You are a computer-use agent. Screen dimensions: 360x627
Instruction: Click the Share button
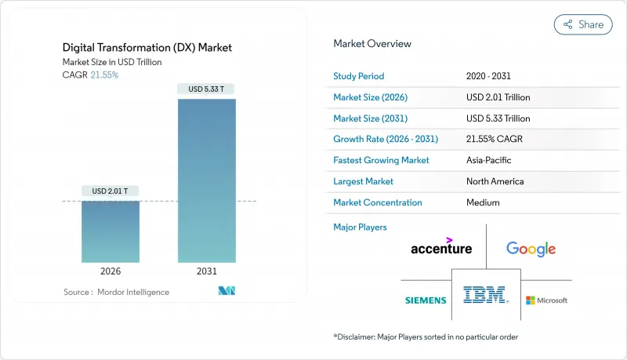pyautogui.click(x=583, y=24)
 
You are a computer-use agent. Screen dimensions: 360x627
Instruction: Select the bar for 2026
pyautogui.click(x=110, y=231)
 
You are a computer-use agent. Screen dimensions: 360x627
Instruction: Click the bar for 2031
pyautogui.click(x=207, y=180)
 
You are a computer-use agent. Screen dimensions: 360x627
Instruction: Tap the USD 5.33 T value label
pyautogui.click(x=207, y=88)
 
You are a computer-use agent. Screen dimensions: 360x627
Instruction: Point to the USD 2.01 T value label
pyautogui.click(x=110, y=191)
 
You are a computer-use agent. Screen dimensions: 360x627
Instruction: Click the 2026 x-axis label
pyautogui.click(x=110, y=271)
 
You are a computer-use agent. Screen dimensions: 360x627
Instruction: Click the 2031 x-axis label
pyautogui.click(x=207, y=271)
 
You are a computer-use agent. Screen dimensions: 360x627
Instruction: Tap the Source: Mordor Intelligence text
pyautogui.click(x=116, y=292)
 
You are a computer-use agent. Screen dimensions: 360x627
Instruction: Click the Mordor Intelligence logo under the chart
pyautogui.click(x=227, y=292)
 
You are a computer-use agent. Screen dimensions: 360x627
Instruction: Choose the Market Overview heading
pyautogui.click(x=372, y=44)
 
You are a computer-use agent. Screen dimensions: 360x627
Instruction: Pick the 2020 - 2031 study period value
pyautogui.click(x=490, y=76)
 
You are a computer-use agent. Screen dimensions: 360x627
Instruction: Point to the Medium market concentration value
pyautogui.click(x=483, y=202)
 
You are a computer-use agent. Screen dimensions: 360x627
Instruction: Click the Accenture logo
pyautogui.click(x=441, y=247)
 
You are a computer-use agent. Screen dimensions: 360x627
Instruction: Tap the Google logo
pyautogui.click(x=531, y=249)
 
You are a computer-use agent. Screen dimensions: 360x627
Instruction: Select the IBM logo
pyautogui.click(x=485, y=296)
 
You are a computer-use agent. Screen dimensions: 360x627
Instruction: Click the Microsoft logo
pyautogui.click(x=546, y=300)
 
